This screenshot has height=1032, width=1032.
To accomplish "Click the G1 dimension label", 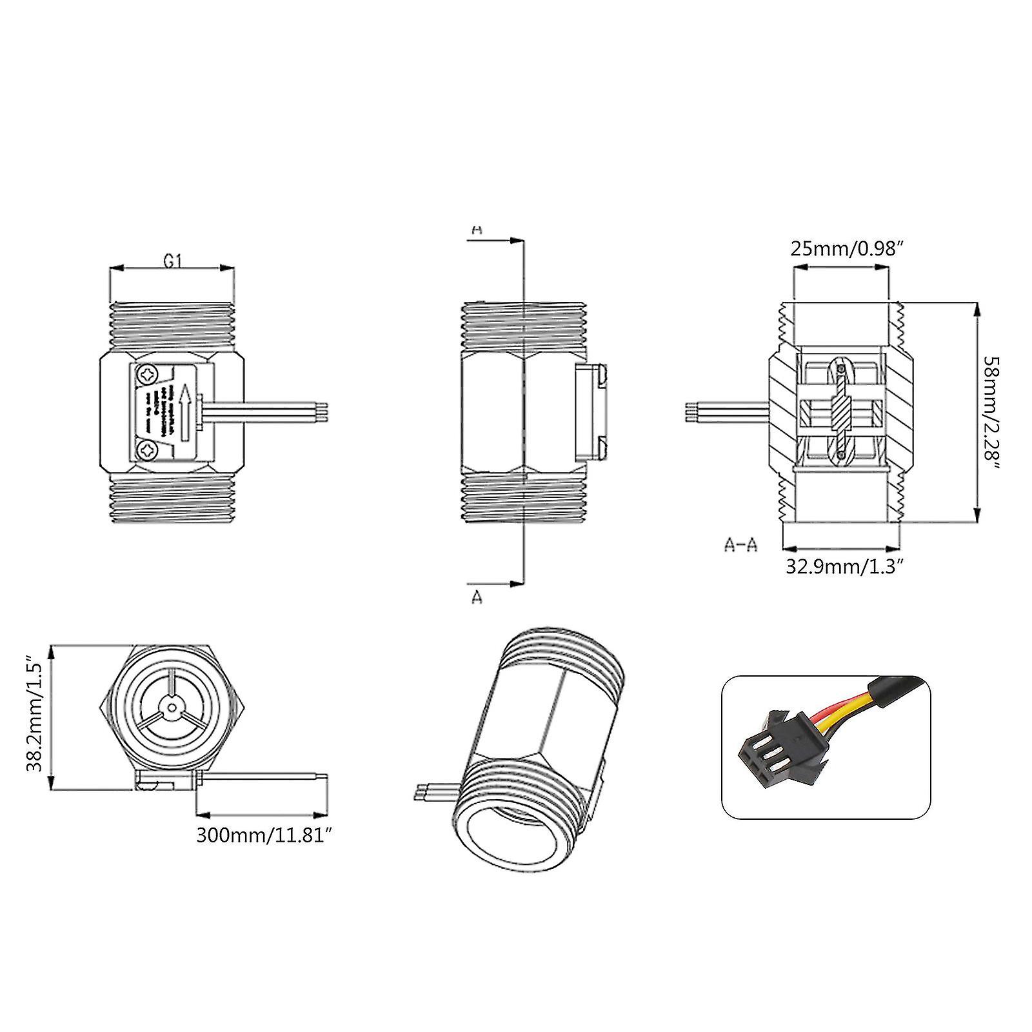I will (x=172, y=261).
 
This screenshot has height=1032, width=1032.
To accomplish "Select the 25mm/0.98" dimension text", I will (x=844, y=249).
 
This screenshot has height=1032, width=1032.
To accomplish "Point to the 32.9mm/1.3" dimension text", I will (x=844, y=566).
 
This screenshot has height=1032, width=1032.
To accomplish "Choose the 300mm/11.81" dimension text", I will (x=264, y=835).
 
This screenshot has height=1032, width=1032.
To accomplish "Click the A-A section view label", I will (x=740, y=545).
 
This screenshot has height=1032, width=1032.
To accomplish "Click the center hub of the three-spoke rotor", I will (x=171, y=708).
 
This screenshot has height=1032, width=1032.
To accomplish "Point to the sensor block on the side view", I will (x=591, y=412).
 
